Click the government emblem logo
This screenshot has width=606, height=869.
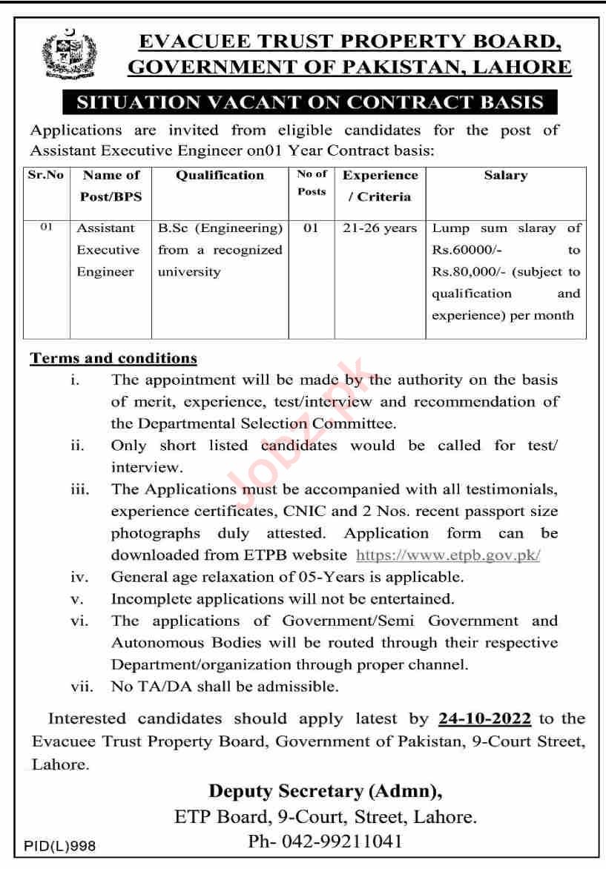click(69, 53)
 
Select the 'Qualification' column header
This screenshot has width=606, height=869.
click(220, 176)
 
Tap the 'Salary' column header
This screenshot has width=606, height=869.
click(505, 176)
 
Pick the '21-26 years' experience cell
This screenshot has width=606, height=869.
click(381, 228)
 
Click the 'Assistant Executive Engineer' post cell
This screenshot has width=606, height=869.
click(108, 250)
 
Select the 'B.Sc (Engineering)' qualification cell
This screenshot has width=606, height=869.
click(220, 228)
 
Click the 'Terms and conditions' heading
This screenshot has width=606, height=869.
click(113, 359)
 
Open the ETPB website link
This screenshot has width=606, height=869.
click(448, 555)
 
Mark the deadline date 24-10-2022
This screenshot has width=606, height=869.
click(485, 718)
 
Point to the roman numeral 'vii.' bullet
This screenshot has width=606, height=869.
click(82, 687)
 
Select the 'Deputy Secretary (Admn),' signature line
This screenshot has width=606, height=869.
click(326, 791)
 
